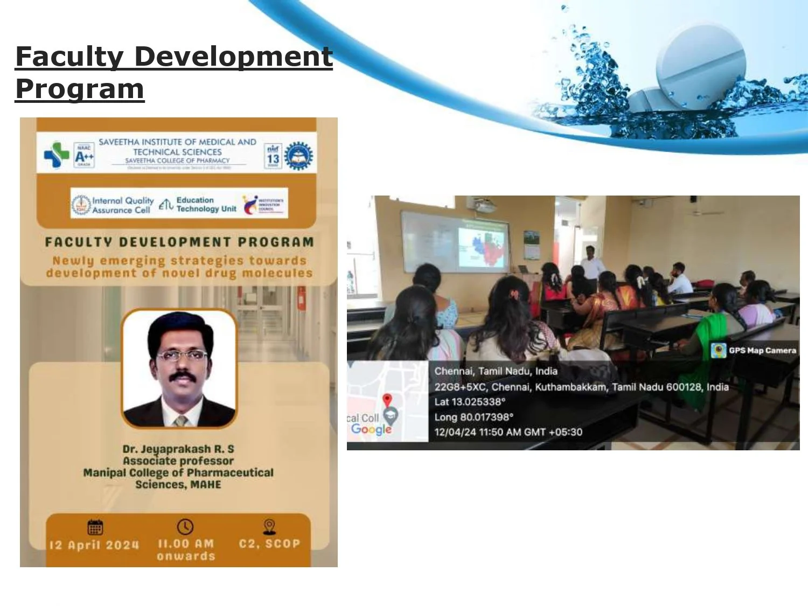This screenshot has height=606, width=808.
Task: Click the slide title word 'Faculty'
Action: [x=69, y=57]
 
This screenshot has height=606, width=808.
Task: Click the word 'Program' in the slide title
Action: [x=80, y=89]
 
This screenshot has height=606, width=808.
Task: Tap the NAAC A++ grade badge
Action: [x=84, y=156]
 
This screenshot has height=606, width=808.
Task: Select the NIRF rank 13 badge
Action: [x=273, y=156]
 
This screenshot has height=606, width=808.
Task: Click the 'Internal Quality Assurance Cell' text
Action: [x=122, y=205]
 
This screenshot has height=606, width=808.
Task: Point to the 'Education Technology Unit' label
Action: [x=206, y=205]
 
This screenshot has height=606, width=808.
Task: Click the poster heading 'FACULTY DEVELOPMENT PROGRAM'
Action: [x=179, y=242]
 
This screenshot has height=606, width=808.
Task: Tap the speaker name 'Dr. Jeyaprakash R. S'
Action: [x=178, y=449]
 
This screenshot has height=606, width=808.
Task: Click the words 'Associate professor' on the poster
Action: [x=178, y=461]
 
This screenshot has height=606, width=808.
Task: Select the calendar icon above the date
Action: [x=95, y=527]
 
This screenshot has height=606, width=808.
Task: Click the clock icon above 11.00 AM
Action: [x=185, y=526]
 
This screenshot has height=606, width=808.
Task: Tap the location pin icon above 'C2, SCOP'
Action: [x=269, y=526]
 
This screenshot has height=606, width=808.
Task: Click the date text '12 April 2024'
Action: [x=94, y=545]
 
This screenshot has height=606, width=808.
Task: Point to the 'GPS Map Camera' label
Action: [x=762, y=350]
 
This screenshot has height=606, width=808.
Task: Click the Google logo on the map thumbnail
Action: [x=371, y=429]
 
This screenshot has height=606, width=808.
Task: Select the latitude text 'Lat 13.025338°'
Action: [x=470, y=402]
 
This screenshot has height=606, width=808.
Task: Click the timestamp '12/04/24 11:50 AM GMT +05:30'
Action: [x=508, y=432]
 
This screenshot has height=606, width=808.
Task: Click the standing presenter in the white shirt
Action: [x=591, y=262]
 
